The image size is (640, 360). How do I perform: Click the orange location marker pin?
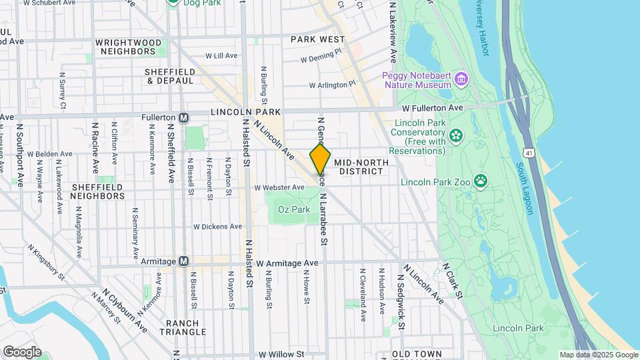[320, 160]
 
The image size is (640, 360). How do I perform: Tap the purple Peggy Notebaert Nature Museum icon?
[461, 80]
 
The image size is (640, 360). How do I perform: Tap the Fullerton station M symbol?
[185, 117]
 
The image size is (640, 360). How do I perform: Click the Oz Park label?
[293, 209]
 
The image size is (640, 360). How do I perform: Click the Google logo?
[22, 352]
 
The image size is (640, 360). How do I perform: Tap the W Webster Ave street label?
[279, 188]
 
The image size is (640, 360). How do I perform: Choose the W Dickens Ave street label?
[217, 226]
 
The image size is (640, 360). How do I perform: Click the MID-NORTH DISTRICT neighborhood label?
[359, 167]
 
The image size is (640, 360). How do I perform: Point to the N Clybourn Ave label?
[125, 311]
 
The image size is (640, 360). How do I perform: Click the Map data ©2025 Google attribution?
[598, 355]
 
